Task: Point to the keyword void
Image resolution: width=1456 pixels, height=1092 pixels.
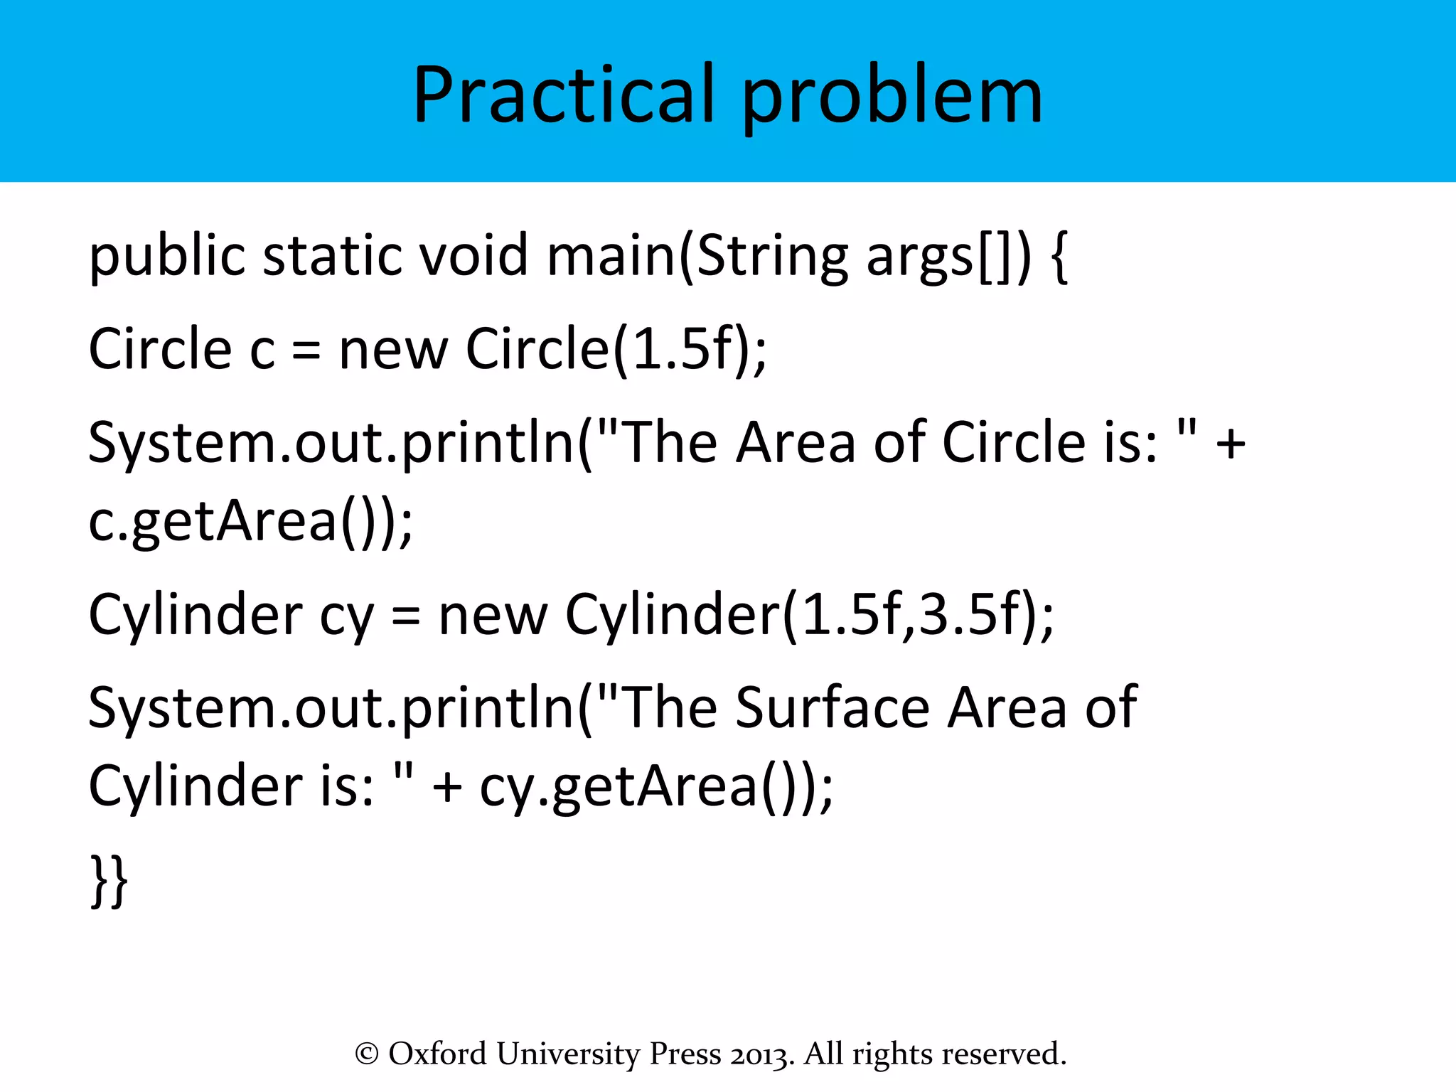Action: [x=473, y=256]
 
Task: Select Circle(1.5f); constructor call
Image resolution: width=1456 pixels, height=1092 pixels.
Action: [x=616, y=350]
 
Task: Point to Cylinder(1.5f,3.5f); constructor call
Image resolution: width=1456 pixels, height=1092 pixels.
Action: [x=809, y=615]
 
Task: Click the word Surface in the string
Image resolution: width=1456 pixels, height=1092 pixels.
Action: [x=832, y=707]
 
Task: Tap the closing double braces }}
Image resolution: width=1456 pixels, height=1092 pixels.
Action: [x=109, y=882]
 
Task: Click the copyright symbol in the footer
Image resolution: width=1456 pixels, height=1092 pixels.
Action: [x=366, y=1054]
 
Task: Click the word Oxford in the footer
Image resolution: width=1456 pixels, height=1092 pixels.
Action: [x=437, y=1054]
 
